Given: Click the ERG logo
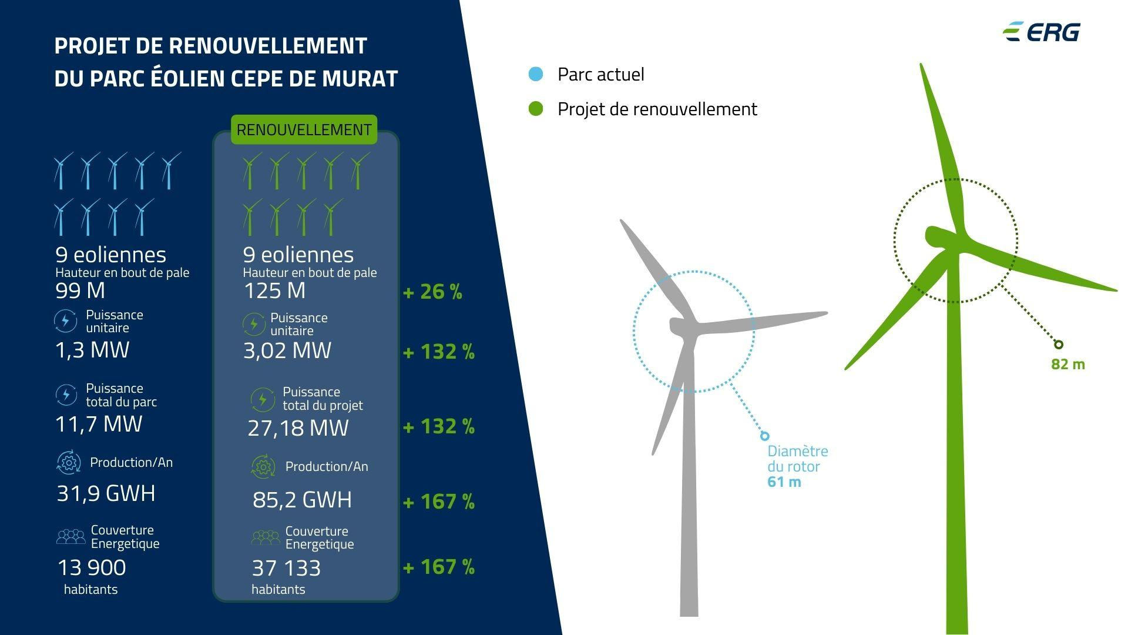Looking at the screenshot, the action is coord(1041,32).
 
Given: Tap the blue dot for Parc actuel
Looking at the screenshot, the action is coord(536,74).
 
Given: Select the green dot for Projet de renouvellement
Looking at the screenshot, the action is coord(536,109).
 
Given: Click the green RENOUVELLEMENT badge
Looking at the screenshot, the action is coord(304,129).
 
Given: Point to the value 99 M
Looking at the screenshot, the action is coord(80,290).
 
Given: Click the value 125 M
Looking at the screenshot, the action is coord(274,290).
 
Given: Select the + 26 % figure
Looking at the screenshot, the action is coord(433,292).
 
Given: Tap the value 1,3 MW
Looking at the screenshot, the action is coord(92,349).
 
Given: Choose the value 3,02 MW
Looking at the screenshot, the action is coord(287,350).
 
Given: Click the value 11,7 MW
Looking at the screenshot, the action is coord(99,423).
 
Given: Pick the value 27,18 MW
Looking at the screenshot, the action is coord(298,427).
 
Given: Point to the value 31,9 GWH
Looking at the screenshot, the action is coord(106,493).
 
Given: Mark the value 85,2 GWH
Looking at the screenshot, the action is coord(303,500).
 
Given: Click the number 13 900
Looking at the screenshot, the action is coord(92,567).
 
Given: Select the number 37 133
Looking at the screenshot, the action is coord(286,568).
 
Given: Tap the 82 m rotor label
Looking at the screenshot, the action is coord(1068,364).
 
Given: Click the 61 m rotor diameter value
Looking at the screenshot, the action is coord(784,482).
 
